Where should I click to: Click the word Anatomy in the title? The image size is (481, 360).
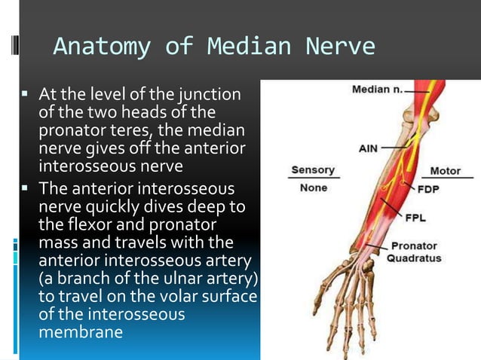(100, 47)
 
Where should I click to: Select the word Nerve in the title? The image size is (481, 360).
(340, 47)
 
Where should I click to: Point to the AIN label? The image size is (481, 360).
(368, 148)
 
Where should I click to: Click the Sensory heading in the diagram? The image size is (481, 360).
(313, 171)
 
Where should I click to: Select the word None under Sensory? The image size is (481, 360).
(313, 188)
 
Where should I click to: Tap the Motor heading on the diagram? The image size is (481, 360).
(445, 171)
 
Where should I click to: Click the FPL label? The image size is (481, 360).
(416, 218)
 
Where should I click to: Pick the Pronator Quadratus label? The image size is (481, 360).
(415, 252)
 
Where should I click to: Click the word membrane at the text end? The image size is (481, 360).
(80, 331)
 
